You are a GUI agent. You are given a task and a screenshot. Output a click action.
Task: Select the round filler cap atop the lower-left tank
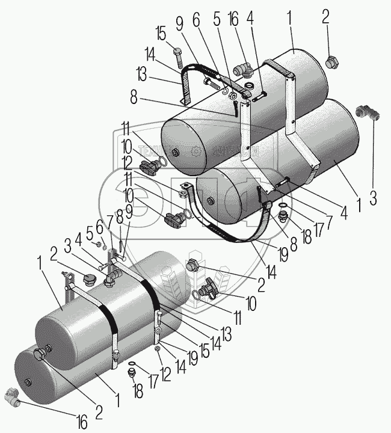(89, 277)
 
